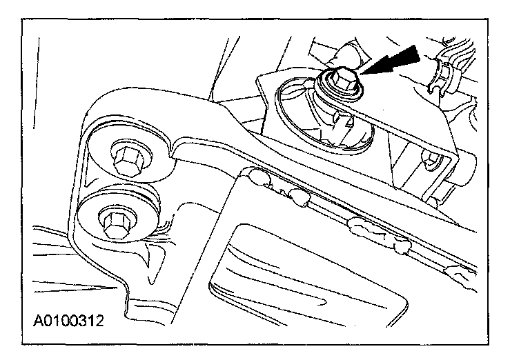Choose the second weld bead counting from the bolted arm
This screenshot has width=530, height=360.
point(299,198)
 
